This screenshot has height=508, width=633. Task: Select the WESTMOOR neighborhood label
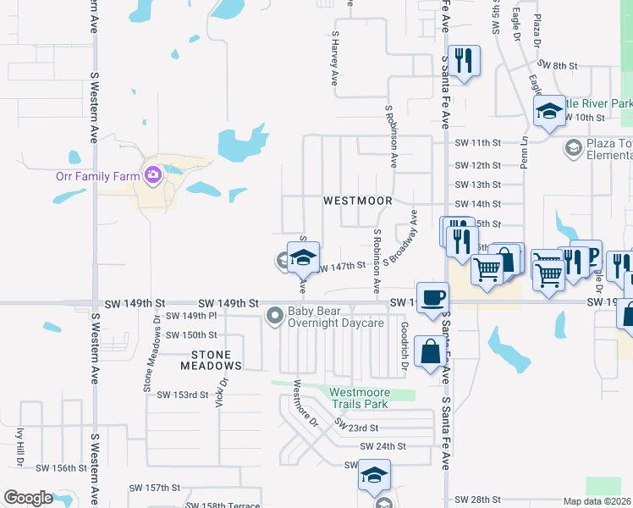tap(358, 201)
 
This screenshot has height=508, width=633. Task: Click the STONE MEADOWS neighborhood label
tap(211, 359)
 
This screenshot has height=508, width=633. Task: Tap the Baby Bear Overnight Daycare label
tap(337, 317)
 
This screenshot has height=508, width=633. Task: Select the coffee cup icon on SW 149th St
tap(432, 297)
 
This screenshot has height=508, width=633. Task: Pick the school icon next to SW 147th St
tap(304, 257)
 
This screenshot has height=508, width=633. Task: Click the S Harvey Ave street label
tap(335, 59)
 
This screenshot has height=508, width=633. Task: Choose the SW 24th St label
tap(383, 445)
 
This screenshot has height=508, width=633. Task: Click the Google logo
tap(28, 498)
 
